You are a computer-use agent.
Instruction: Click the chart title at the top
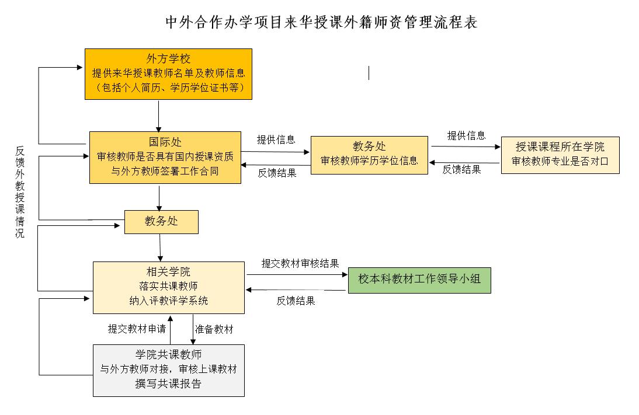(321, 22)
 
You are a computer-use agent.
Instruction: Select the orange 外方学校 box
(168, 74)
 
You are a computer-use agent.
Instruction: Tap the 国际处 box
(165, 157)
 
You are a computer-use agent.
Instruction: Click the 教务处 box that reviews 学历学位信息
(369, 155)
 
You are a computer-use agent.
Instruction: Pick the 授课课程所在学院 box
(560, 155)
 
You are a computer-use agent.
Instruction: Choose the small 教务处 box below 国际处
(161, 222)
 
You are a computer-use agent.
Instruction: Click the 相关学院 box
(169, 288)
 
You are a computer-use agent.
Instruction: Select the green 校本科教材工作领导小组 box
(419, 280)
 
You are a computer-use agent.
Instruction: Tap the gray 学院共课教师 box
(169, 371)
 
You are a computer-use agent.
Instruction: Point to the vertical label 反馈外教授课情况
(20, 192)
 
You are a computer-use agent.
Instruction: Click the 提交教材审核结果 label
(300, 263)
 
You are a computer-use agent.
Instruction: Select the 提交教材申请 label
(137, 329)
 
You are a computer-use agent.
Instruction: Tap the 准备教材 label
(214, 329)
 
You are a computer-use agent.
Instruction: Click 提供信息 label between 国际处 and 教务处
(276, 140)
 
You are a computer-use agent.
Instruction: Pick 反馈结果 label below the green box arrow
(296, 301)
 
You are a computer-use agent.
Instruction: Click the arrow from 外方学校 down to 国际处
(158, 116)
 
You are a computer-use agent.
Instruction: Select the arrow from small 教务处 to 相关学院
(160, 247)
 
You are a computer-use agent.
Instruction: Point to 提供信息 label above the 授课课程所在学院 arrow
(466, 135)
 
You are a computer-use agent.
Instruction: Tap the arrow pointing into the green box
(297, 274)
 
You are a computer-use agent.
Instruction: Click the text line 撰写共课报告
(168, 383)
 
